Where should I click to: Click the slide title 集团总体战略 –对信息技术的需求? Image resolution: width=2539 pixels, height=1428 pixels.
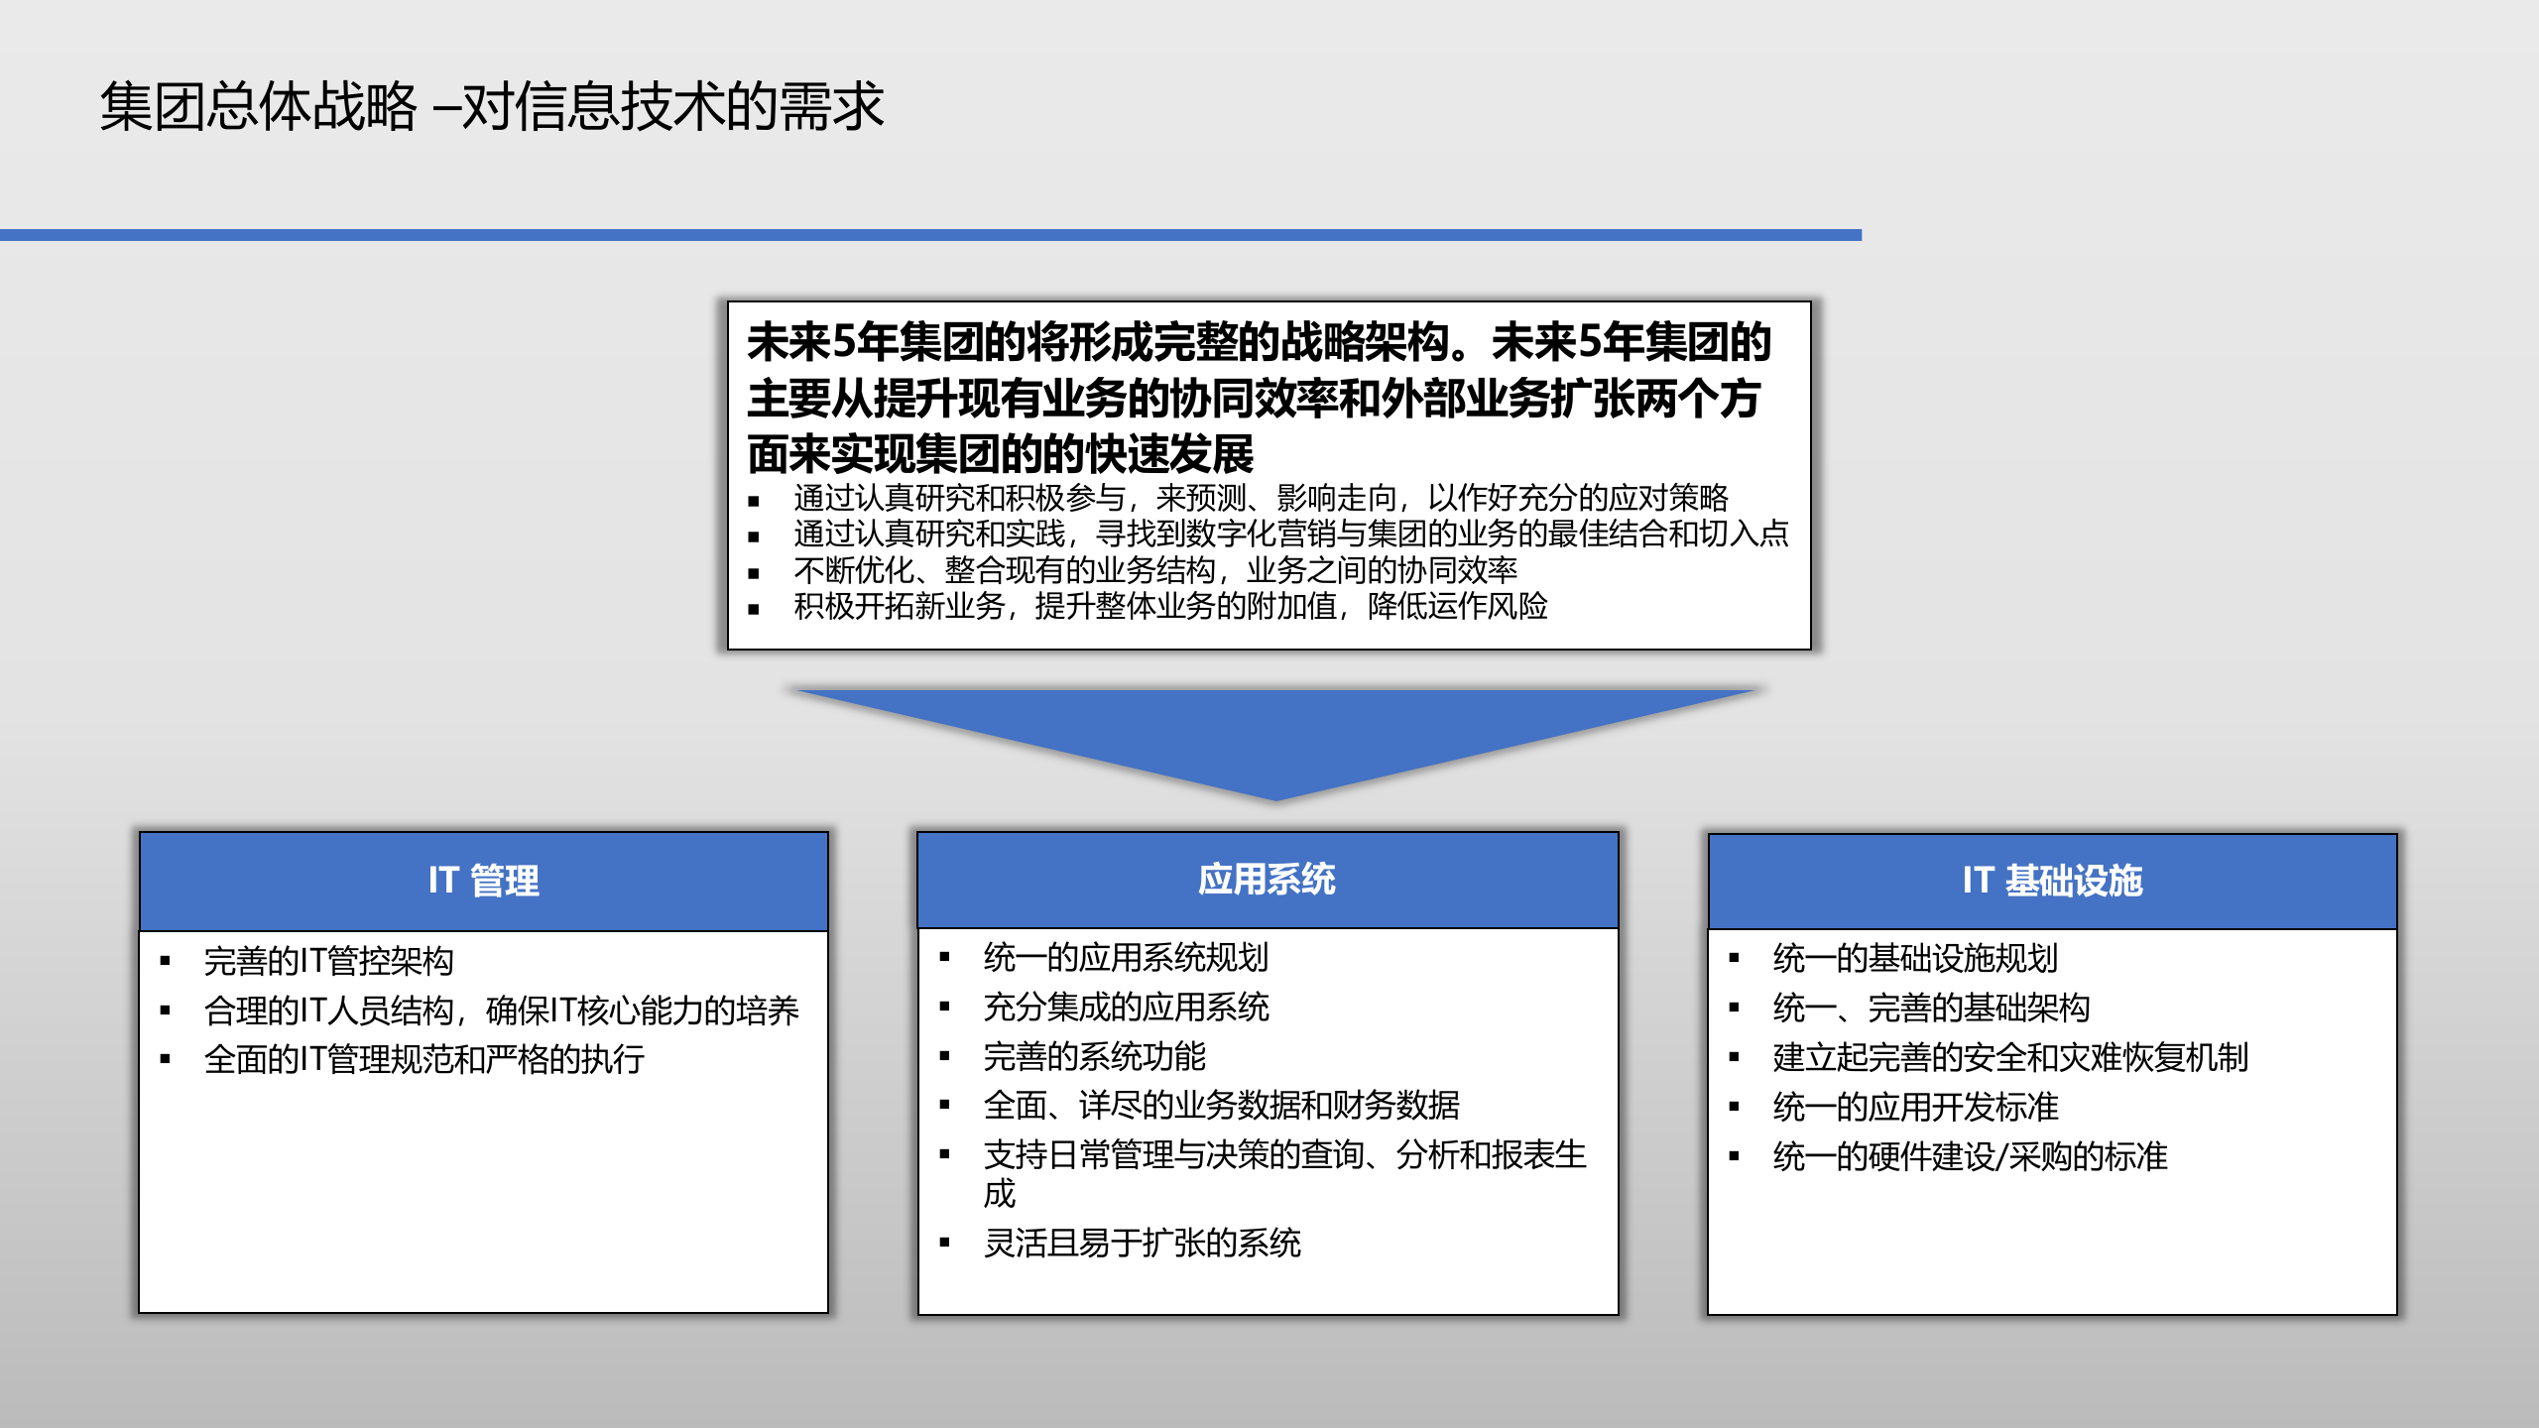point(491,107)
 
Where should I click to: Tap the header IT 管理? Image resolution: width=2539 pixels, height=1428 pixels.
point(484,881)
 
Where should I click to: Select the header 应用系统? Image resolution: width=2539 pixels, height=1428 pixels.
point(1267,879)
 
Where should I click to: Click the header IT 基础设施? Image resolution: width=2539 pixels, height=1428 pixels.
point(2052,881)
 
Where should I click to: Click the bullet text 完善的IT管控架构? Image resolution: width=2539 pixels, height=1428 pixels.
point(328,960)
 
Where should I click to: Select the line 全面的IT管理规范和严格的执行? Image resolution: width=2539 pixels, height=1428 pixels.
point(423,1059)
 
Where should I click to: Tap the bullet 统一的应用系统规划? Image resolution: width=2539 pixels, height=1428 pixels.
point(1126,957)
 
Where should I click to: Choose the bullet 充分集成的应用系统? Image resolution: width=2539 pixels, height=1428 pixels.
point(1126,1007)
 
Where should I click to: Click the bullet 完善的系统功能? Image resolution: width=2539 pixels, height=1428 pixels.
point(1094,1056)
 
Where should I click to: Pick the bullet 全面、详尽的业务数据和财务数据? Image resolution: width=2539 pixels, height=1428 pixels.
point(1221,1105)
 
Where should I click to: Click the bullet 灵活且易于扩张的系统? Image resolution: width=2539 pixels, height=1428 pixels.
point(1142,1243)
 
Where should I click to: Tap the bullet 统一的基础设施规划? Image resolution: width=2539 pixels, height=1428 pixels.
point(1914,958)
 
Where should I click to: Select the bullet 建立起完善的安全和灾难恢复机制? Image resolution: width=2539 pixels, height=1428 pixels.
point(2009,1057)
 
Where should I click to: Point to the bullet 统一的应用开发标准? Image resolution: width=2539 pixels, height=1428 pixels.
point(1914,1107)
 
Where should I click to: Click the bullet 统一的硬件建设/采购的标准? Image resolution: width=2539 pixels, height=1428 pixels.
point(1970,1156)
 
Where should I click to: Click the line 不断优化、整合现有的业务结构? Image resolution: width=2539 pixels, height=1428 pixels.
point(1154,570)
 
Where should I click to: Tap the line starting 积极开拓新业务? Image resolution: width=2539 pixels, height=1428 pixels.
point(1170,606)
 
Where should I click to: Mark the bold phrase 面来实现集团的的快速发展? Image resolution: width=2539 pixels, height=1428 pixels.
point(1000,454)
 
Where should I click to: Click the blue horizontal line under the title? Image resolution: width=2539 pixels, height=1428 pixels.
point(930,235)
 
